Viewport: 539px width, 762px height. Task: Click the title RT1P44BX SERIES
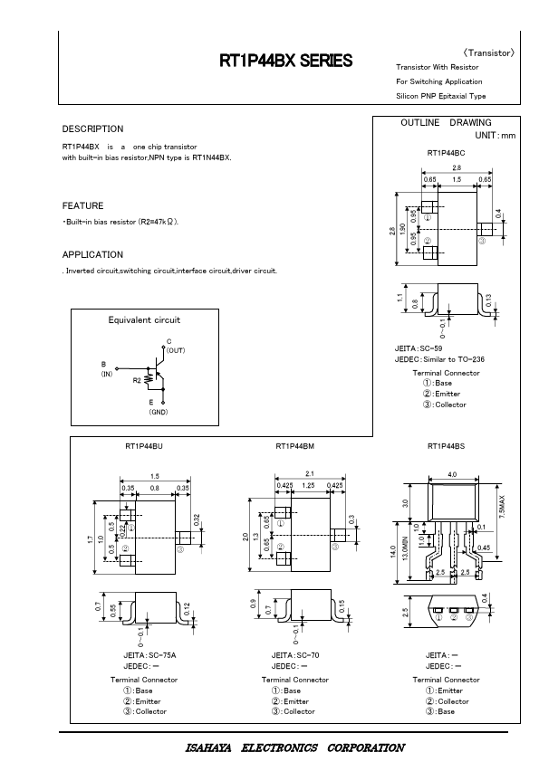(286, 61)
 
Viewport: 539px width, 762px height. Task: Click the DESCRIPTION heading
(93, 129)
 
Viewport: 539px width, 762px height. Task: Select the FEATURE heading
(82, 205)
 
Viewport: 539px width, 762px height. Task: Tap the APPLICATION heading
(92, 254)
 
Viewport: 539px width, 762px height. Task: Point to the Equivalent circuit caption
(144, 319)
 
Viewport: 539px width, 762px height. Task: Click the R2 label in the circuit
(137, 380)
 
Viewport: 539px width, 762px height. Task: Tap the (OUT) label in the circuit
(176, 350)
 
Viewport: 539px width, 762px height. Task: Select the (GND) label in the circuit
(159, 412)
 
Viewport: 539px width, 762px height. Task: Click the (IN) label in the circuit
(107, 374)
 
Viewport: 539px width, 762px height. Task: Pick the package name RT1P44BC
(446, 153)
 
